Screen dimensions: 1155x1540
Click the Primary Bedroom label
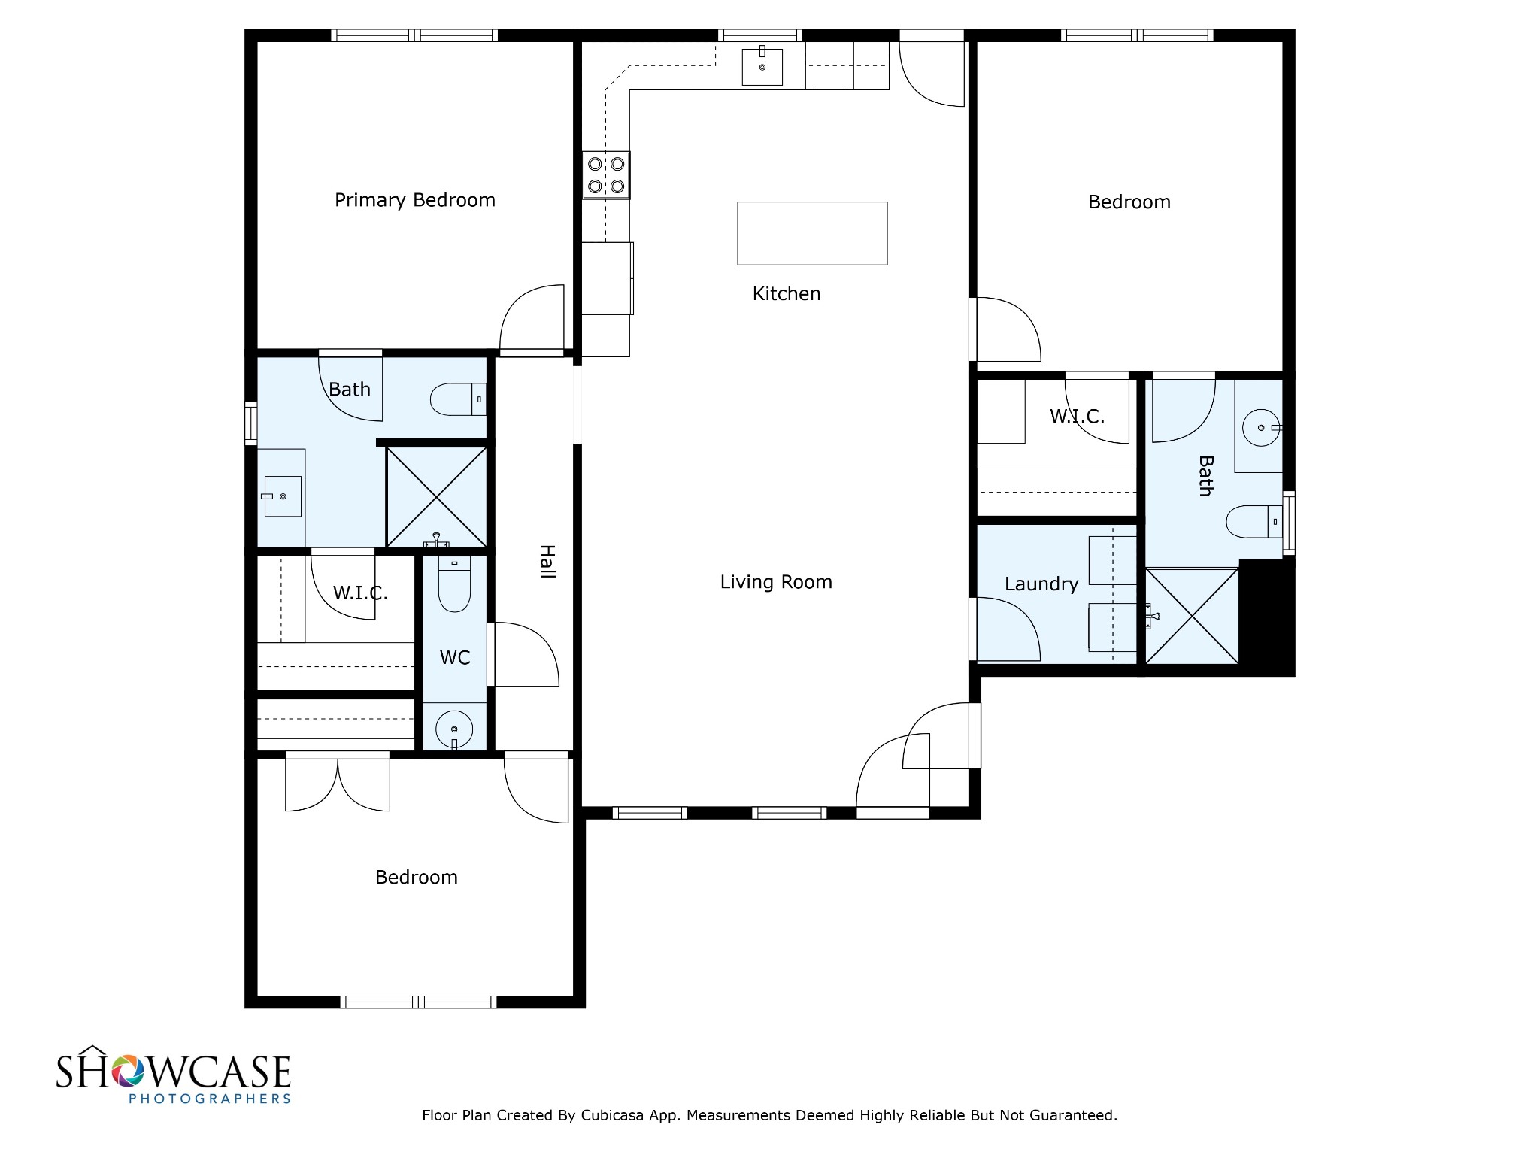pyautogui.click(x=414, y=200)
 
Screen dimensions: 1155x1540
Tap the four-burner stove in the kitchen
pyautogui.click(x=606, y=175)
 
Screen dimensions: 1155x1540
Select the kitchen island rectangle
pyautogui.click(x=812, y=233)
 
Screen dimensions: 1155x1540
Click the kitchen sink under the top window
pyautogui.click(x=762, y=67)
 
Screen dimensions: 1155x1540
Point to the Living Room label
pyautogui.click(x=776, y=582)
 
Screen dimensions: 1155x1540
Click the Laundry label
pyautogui.click(x=1041, y=584)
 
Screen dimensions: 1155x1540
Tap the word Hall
pyautogui.click(x=547, y=562)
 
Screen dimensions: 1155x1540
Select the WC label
pyautogui.click(x=455, y=658)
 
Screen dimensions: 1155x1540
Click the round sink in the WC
pyautogui.click(x=454, y=729)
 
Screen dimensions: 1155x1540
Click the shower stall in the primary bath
pyautogui.click(x=436, y=497)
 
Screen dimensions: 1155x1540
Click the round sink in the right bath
pyautogui.click(x=1260, y=428)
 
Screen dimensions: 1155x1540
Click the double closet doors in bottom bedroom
pyautogui.click(x=338, y=784)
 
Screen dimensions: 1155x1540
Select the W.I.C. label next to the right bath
pyautogui.click(x=1077, y=417)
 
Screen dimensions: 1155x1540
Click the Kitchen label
pyautogui.click(x=787, y=294)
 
